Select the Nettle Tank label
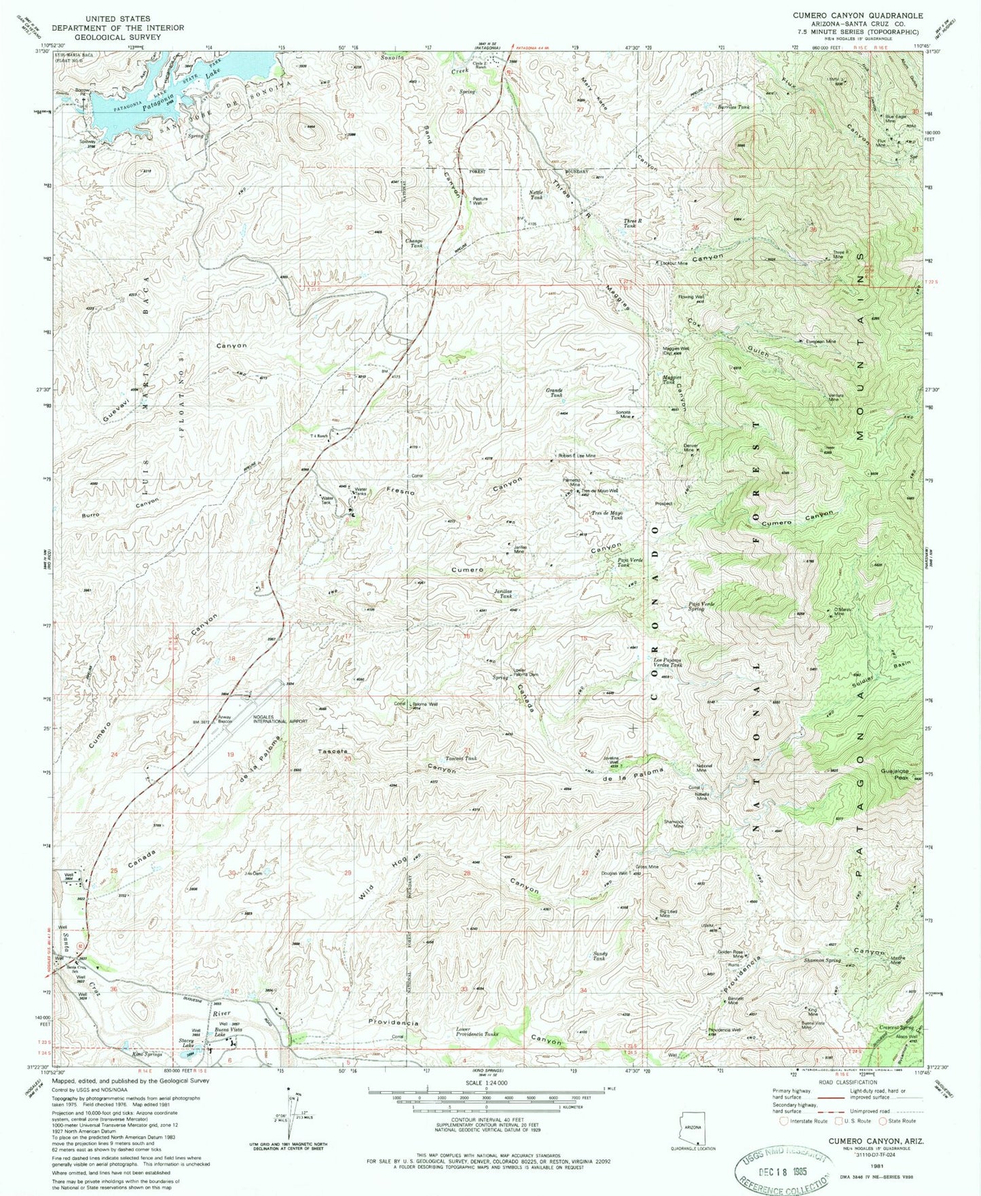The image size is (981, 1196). (x=536, y=194)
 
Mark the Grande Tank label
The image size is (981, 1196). (x=555, y=393)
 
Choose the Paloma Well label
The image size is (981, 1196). (x=425, y=704)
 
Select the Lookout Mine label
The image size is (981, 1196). (x=674, y=263)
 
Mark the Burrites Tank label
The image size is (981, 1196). (x=734, y=107)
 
